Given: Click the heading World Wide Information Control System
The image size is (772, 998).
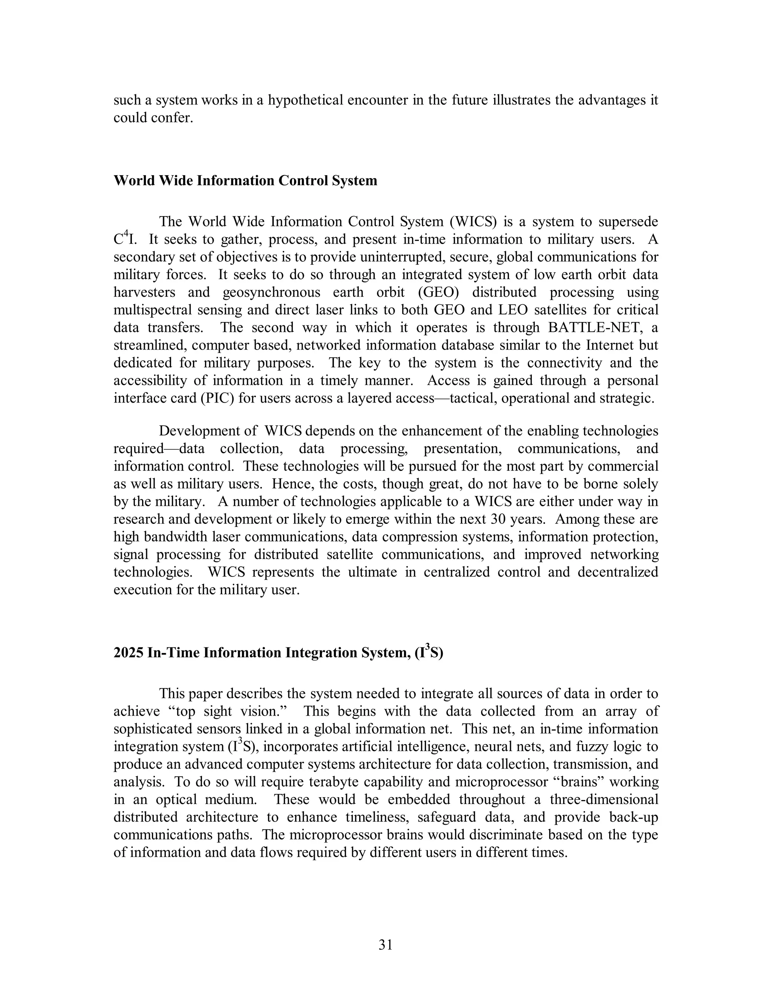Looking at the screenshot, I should (x=245, y=180).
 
